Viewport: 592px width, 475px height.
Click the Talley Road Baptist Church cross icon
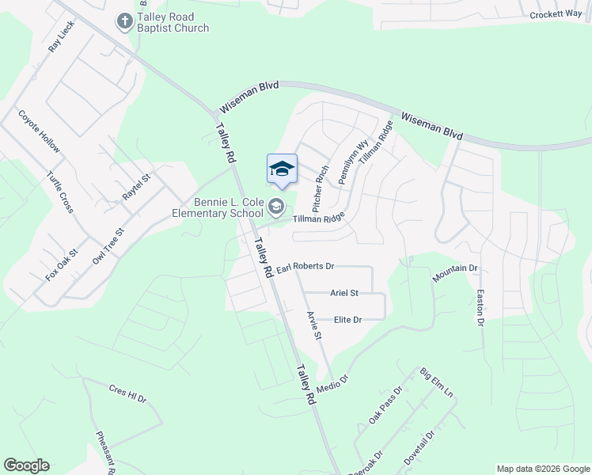coord(124,21)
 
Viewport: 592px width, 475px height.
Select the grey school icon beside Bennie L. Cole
coord(276,207)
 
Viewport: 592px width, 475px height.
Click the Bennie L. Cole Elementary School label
coord(218,207)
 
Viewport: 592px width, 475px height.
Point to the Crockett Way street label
coord(556,13)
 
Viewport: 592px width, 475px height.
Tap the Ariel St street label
coord(344,293)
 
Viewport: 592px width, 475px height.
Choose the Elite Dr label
coord(347,320)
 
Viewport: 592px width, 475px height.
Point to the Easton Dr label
coord(480,306)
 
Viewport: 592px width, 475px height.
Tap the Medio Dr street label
coord(332,385)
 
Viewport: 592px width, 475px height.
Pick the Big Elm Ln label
coord(437,383)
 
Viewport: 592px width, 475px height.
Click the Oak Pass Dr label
coord(385,405)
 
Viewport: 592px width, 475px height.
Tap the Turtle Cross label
coord(60,192)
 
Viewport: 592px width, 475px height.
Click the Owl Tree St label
coord(109,246)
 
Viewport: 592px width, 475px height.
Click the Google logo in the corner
coord(26,465)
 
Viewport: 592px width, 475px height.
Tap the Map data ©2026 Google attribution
coord(541,469)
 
